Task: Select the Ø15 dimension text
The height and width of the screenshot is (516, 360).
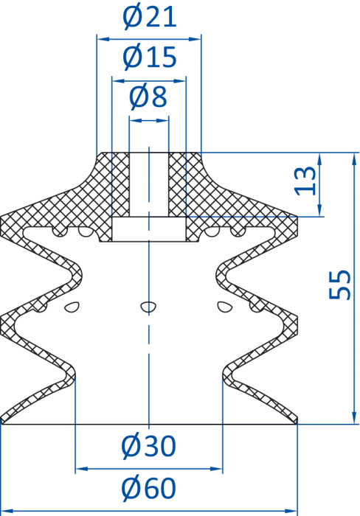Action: click(x=150, y=57)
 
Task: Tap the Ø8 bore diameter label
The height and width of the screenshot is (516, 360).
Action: click(x=148, y=97)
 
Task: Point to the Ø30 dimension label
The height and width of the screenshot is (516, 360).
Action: click(x=148, y=446)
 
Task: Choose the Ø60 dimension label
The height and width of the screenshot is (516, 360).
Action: click(x=148, y=488)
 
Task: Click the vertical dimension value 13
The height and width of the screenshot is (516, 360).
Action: click(x=305, y=181)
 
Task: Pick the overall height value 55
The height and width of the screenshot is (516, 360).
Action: click(x=340, y=285)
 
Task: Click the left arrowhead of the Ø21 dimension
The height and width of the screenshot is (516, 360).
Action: click(x=103, y=39)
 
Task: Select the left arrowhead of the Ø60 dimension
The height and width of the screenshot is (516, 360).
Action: click(x=7, y=511)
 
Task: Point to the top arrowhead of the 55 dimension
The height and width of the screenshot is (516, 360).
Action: click(x=354, y=159)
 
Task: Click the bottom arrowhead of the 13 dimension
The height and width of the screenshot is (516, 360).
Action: click(x=319, y=210)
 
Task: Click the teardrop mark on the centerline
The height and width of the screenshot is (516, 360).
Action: click(x=148, y=307)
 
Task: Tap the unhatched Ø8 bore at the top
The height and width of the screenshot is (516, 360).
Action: click(x=149, y=184)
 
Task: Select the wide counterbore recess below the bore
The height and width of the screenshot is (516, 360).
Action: click(x=149, y=229)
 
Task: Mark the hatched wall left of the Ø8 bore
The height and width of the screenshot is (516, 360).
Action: click(x=120, y=184)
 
